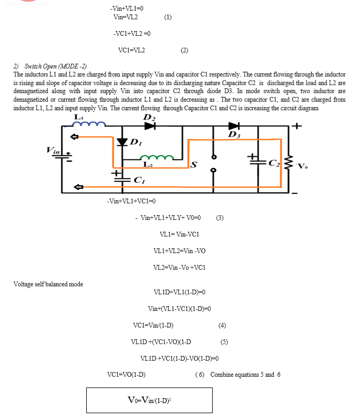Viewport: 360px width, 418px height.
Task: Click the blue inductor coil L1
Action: point(89,124)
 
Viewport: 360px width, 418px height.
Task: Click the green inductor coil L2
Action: point(157,157)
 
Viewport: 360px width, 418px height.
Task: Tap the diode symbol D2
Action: point(150,126)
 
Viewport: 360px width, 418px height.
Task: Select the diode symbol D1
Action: point(122,142)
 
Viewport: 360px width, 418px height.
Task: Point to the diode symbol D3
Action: point(234,126)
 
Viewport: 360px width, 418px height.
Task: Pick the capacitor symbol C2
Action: point(258,162)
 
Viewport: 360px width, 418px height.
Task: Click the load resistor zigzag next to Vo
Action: point(288,163)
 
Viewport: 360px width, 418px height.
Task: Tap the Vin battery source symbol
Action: point(64,157)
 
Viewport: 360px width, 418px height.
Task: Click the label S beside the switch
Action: point(194,164)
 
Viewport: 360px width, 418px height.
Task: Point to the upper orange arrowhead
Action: point(74,137)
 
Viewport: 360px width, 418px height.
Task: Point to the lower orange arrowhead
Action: point(78,187)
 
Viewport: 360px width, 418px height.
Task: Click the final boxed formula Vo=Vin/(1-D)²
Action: point(149,400)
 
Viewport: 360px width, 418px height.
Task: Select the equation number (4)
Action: point(222,325)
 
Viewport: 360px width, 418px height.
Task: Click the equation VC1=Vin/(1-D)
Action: point(153,325)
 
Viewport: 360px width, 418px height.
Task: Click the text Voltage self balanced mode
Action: point(48,284)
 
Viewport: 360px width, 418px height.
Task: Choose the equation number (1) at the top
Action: point(168,17)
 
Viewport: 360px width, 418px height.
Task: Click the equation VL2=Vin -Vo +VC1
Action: point(179,268)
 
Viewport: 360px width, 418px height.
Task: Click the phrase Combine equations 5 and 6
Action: point(245,375)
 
